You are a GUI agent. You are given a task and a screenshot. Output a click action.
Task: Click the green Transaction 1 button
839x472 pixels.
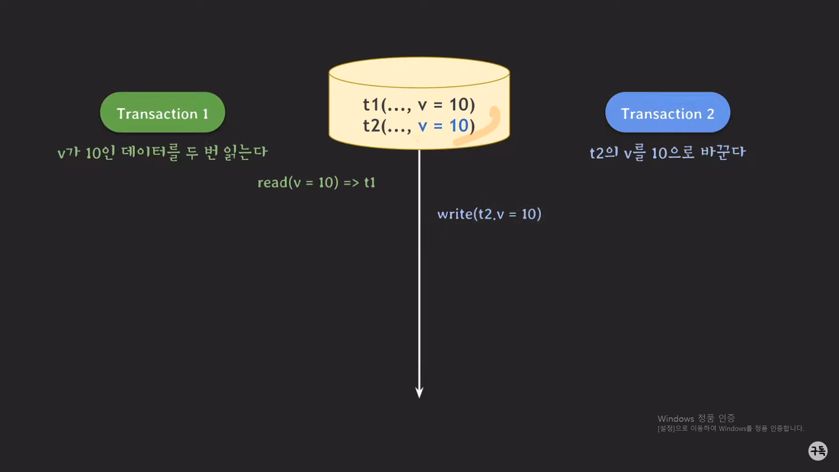[x=163, y=113]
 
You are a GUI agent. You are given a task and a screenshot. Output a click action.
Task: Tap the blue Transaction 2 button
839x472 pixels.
[x=667, y=113]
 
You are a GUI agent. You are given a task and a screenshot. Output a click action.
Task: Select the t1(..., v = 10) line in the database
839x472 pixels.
[x=419, y=104]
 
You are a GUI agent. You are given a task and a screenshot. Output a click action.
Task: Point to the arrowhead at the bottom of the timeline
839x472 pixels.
[x=419, y=392]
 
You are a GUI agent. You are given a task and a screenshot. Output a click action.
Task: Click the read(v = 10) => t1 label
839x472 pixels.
[x=316, y=182]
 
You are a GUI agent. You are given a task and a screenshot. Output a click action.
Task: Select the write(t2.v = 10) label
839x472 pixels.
[x=489, y=214]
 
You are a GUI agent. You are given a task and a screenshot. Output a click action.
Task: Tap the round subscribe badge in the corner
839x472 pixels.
[x=818, y=451]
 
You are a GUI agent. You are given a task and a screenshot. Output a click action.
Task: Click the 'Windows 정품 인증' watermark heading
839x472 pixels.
[x=696, y=418]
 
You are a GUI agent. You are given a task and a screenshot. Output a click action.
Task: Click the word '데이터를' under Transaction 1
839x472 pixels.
[x=150, y=153]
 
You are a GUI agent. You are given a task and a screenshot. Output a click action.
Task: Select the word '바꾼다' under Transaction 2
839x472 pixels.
[x=723, y=153]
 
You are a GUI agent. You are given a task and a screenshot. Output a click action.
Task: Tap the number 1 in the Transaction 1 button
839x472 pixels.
[x=205, y=114]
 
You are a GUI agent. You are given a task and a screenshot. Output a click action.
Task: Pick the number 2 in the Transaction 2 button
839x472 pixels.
[x=711, y=114]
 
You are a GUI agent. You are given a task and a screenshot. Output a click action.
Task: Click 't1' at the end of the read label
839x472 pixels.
[x=370, y=182]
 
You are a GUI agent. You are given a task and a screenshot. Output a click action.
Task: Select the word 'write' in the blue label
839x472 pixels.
[x=455, y=214]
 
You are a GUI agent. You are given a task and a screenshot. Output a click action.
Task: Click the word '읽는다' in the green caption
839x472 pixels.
[x=245, y=153]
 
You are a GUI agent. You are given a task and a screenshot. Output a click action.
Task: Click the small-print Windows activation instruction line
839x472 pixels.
[x=731, y=429]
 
